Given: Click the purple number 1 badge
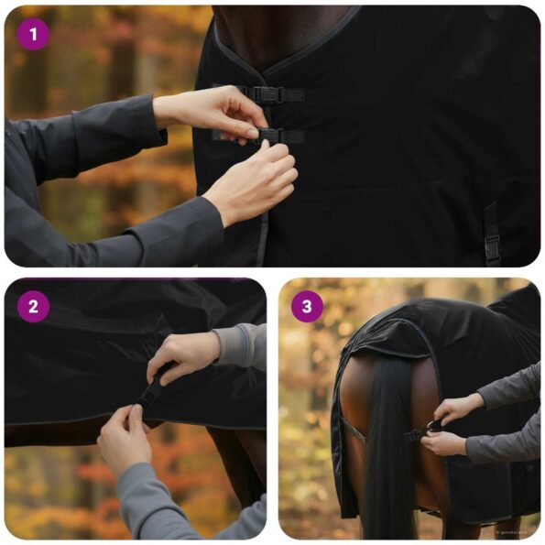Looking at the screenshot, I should pos(33,34).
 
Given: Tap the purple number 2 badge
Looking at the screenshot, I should pos(33,306).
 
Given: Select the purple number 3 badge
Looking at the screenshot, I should pos(307,306).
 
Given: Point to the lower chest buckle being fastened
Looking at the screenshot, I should pos(268,136).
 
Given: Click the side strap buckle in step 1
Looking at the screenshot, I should pos(493,245).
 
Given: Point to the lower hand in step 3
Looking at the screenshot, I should pos(445,443).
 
